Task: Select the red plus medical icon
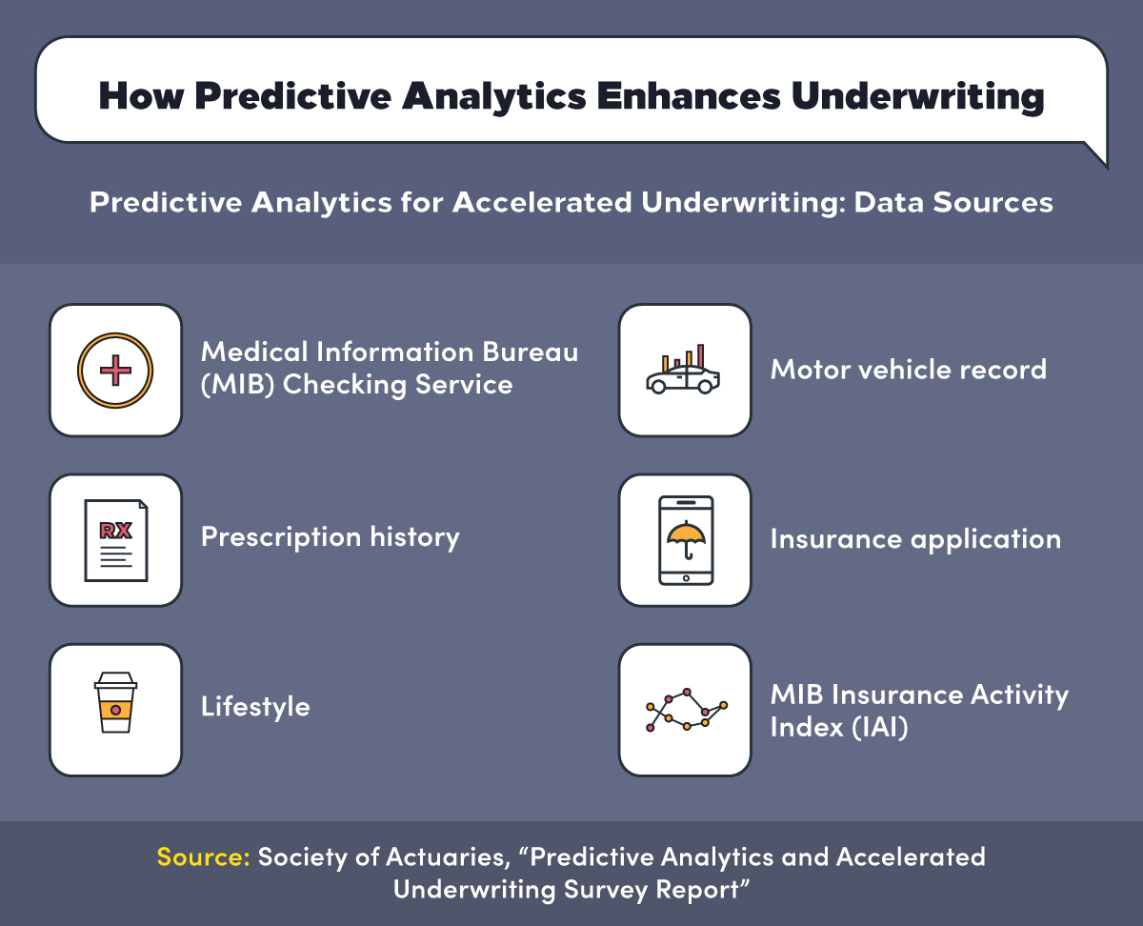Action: (x=115, y=370)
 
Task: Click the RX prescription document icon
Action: (x=115, y=539)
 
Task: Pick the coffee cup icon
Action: (x=115, y=708)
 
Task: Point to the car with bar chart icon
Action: (x=684, y=372)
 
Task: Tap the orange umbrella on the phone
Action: (x=685, y=537)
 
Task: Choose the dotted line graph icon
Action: (x=685, y=711)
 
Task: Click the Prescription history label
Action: (x=330, y=537)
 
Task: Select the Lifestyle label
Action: (x=255, y=707)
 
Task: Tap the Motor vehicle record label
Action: (x=908, y=370)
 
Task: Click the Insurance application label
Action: (x=914, y=539)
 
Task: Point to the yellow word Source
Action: (x=203, y=856)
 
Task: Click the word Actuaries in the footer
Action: (x=451, y=856)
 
